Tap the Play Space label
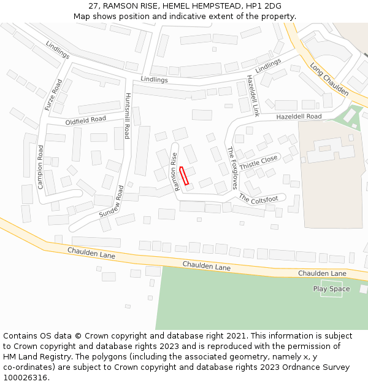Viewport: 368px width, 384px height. tap(331, 289)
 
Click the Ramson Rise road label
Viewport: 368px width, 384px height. tap(175, 171)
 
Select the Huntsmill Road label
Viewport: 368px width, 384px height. tap(128, 116)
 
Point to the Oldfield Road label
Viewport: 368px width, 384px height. tap(86, 120)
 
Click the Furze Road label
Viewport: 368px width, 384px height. tap(53, 95)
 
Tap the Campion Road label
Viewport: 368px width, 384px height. tap(40, 167)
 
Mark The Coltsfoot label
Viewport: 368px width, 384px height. tap(258, 198)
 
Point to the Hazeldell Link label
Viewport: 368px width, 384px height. tap(253, 96)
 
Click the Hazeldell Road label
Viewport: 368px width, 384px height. tap(299, 117)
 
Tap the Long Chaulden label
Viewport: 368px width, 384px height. tap(329, 79)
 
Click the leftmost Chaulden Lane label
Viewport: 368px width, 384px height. tap(91, 253)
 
